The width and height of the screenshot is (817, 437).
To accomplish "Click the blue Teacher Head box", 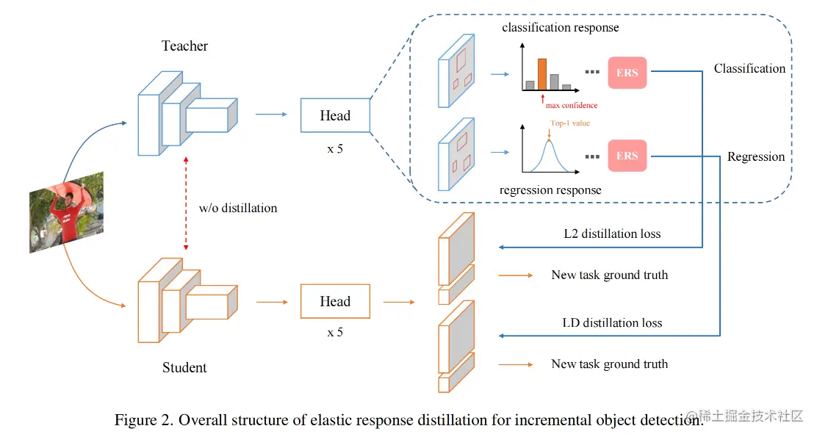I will (x=335, y=116).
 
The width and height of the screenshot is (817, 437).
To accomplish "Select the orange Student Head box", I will (x=335, y=302).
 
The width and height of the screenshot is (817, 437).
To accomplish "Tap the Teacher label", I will (x=184, y=46).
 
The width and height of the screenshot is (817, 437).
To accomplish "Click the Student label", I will (x=184, y=367).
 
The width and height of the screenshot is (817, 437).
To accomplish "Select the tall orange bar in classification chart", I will (x=542, y=74).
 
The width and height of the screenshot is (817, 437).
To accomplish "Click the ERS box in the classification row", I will (x=627, y=73).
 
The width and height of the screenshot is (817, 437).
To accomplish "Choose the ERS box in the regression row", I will (x=627, y=156).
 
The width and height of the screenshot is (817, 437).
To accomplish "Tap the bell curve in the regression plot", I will (x=549, y=153).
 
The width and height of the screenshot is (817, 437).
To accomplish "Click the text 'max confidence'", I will (x=572, y=105).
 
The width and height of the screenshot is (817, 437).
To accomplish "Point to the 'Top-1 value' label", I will (x=569, y=123).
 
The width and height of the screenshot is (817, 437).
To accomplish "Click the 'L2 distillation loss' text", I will (x=612, y=234).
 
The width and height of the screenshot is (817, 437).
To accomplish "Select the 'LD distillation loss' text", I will (x=612, y=322).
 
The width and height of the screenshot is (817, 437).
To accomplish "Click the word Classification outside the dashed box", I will (x=749, y=68).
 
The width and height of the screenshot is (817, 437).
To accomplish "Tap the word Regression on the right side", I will (x=756, y=156).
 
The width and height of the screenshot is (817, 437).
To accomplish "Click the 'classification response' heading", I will (x=560, y=28).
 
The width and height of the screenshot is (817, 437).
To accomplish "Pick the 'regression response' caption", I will (x=550, y=190).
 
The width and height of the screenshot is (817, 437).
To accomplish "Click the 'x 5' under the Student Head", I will (x=335, y=332).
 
